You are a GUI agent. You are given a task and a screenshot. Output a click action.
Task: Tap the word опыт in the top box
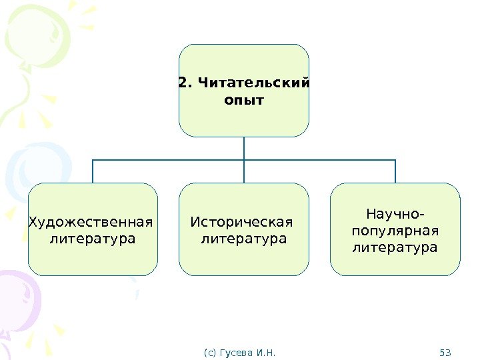click(244, 101)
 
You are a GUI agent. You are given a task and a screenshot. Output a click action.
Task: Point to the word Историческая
click(241, 221)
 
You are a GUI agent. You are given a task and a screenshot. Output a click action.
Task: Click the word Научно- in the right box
click(395, 215)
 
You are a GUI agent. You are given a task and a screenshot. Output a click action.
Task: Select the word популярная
click(395, 231)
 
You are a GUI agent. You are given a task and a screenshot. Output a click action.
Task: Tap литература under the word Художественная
click(92, 238)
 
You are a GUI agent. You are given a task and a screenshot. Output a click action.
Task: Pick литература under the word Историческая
click(244, 238)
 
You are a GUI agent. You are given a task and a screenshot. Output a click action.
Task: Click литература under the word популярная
click(395, 248)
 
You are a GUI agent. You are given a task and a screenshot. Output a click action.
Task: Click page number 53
click(446, 351)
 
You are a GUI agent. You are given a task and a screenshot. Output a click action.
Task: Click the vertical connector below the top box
click(244, 148)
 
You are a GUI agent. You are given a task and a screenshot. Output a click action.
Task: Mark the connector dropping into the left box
click(93, 171)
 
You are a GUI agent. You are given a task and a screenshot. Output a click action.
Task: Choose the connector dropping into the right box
click(395, 171)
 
